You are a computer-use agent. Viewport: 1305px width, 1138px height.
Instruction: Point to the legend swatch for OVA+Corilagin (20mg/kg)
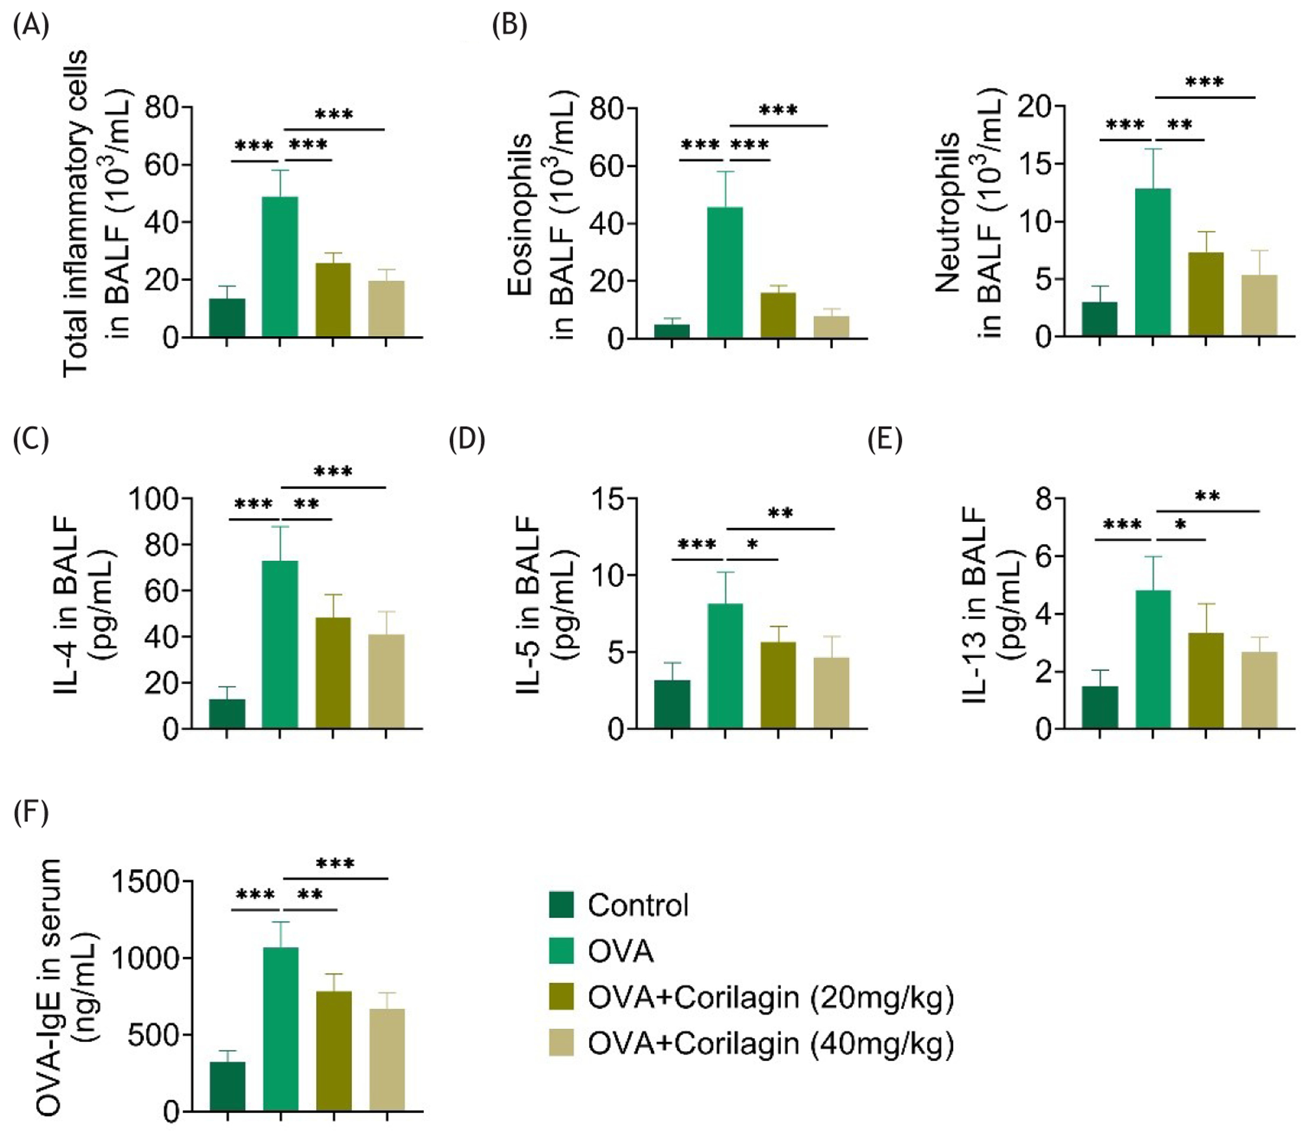coord(561,997)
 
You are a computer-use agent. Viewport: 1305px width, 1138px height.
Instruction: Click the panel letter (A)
coord(30,27)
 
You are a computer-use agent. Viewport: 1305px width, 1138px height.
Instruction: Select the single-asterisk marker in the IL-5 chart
coord(753,544)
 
